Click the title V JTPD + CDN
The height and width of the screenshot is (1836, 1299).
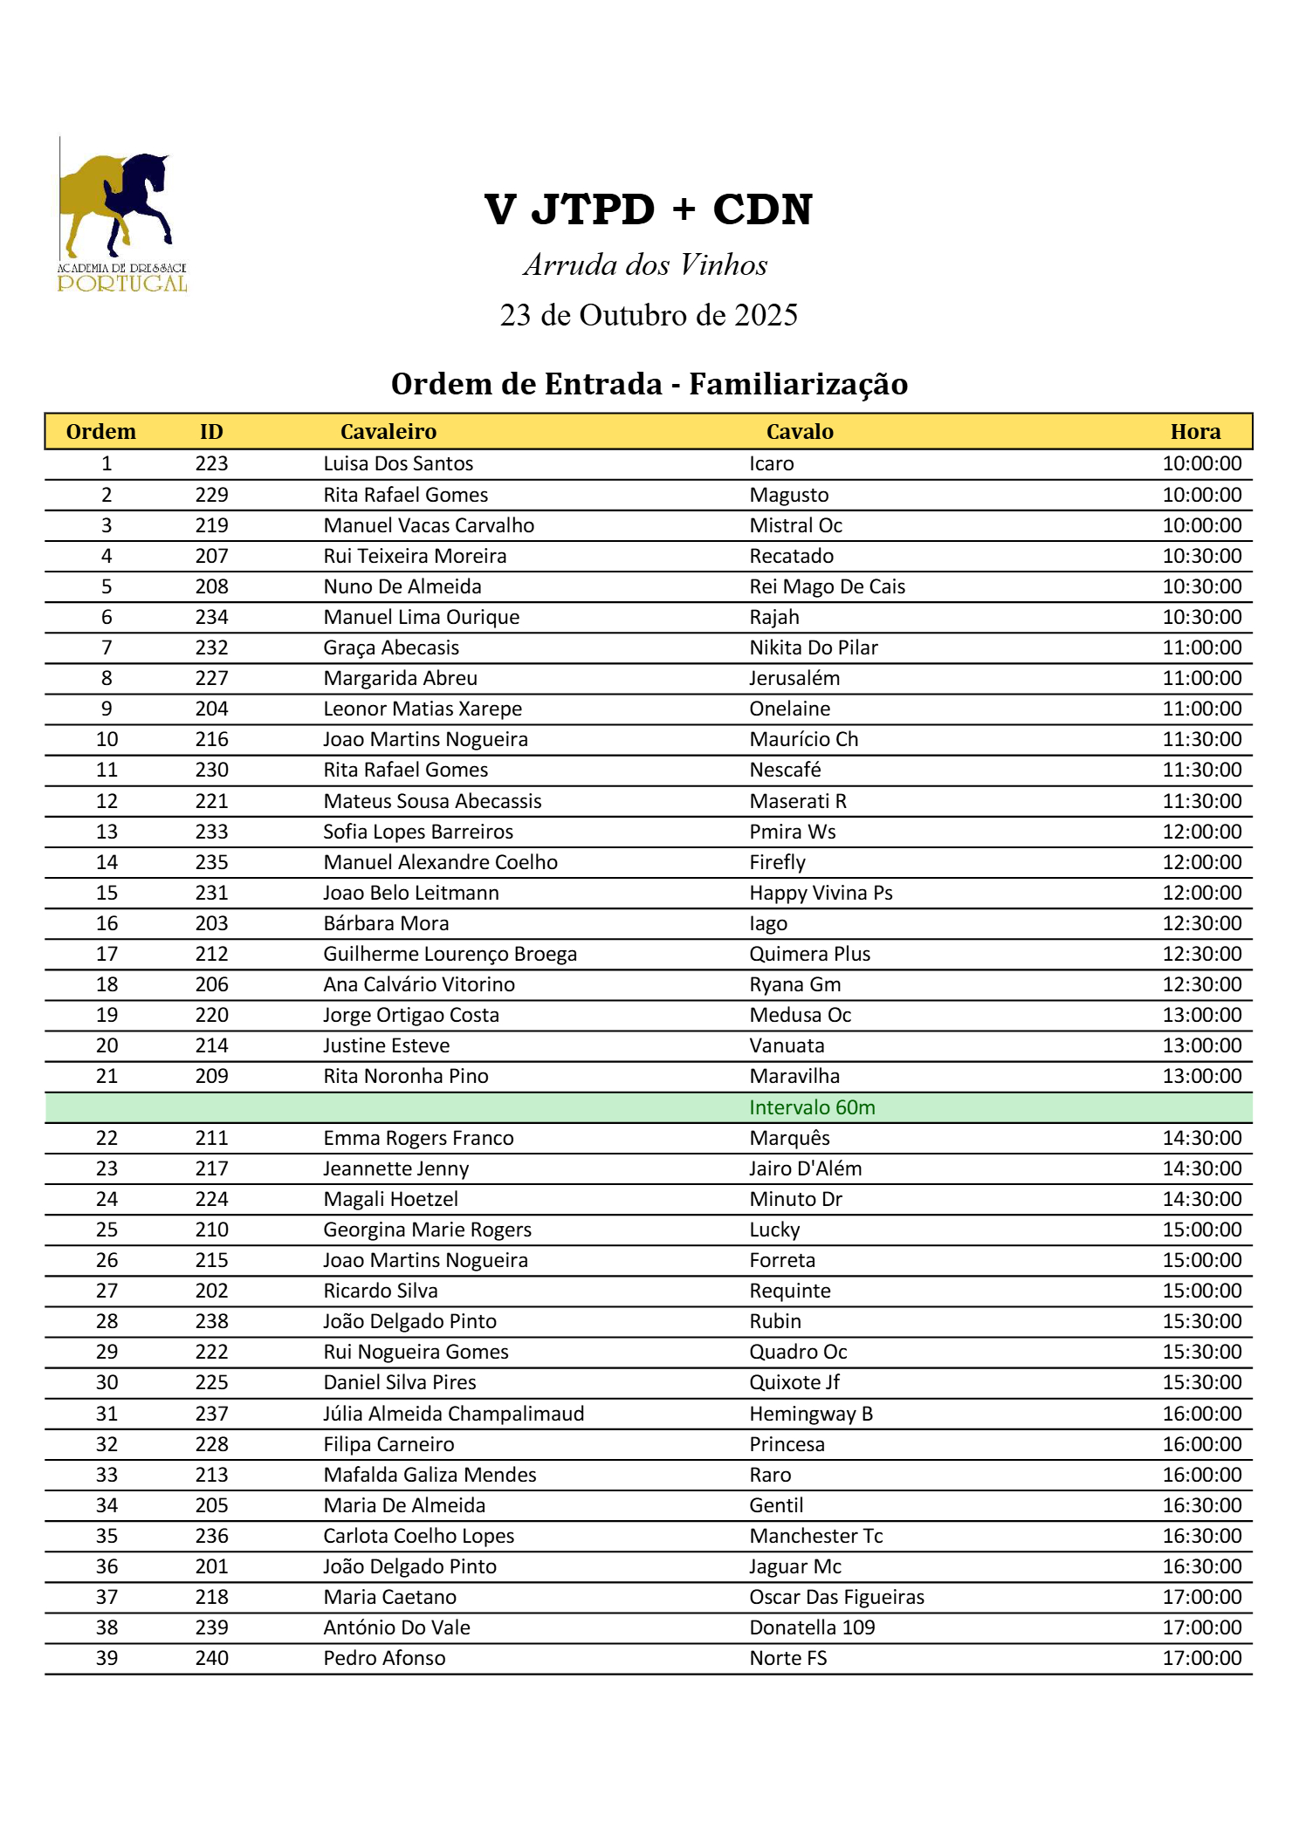click(648, 209)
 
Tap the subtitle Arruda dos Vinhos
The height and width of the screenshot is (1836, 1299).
click(645, 265)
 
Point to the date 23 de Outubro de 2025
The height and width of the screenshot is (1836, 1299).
click(649, 315)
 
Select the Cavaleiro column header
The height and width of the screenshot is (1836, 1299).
click(388, 432)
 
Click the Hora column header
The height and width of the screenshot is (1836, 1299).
click(1194, 432)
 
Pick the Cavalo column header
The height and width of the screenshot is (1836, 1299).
click(799, 432)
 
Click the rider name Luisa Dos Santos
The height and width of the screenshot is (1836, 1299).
click(398, 464)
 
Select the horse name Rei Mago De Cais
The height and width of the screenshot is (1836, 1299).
click(827, 586)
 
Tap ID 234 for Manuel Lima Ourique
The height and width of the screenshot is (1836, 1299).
click(211, 617)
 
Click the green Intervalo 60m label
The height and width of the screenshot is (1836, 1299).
click(812, 1107)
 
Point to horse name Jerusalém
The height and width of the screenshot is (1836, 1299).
click(794, 678)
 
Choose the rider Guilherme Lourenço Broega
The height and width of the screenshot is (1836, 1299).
click(450, 954)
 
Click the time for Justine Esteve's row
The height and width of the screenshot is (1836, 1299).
click(1201, 1045)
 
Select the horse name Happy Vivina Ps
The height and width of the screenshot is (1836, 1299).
click(821, 893)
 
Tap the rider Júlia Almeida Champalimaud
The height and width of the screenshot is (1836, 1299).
click(453, 1414)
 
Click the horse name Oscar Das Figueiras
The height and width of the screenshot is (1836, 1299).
click(836, 1597)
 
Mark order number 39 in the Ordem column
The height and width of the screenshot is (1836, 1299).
click(107, 1658)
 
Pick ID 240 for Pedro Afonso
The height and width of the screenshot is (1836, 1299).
click(211, 1658)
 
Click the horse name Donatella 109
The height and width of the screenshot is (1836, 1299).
click(812, 1627)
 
